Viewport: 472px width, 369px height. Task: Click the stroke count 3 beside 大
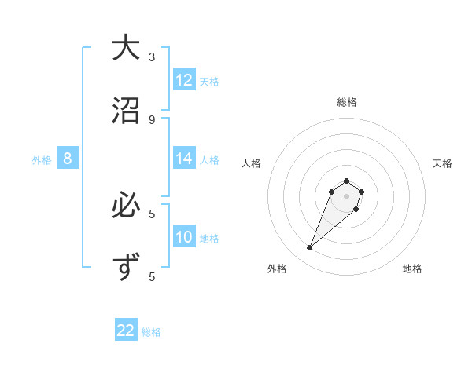click(x=152, y=57)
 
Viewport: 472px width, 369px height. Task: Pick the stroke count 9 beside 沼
click(x=152, y=119)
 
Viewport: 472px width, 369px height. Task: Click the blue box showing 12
click(x=184, y=80)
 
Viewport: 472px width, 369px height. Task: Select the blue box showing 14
click(x=184, y=159)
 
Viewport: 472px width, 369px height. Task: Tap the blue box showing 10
click(x=184, y=237)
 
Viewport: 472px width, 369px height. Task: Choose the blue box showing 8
click(x=68, y=159)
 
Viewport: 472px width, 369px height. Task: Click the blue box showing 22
click(x=126, y=331)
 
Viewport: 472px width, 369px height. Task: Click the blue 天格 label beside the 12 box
click(x=209, y=81)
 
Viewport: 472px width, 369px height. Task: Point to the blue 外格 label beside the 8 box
click(x=42, y=159)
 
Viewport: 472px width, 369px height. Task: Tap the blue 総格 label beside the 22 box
click(x=151, y=331)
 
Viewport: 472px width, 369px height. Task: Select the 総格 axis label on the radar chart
click(x=346, y=102)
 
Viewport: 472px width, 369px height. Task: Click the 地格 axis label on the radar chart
click(x=412, y=269)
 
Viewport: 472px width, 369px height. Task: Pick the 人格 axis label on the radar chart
click(x=251, y=163)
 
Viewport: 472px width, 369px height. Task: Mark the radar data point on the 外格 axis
click(x=310, y=248)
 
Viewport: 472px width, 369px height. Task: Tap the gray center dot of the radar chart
click(x=346, y=195)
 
